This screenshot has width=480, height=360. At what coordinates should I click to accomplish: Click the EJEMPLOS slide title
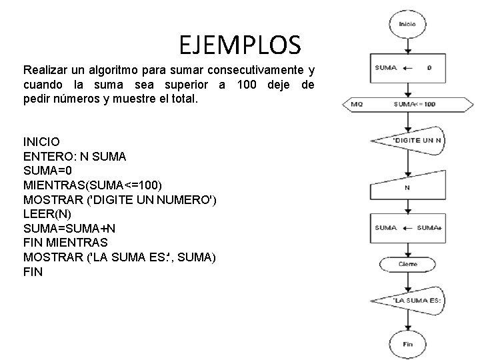[x=240, y=45]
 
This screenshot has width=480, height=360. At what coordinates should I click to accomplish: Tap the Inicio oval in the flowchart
[x=407, y=25]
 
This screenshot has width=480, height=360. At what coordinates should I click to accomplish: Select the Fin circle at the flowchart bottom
[x=407, y=344]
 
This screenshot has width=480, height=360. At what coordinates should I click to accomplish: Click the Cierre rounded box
[x=407, y=264]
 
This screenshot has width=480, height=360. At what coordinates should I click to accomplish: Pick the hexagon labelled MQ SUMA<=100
[x=407, y=105]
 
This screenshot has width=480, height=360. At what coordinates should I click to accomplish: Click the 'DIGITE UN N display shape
[x=407, y=140]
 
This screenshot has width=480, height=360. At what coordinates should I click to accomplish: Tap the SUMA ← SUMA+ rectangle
[x=407, y=228]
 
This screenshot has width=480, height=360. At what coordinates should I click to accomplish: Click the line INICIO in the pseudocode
[x=41, y=142]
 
